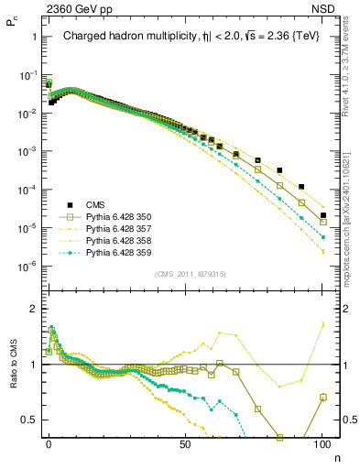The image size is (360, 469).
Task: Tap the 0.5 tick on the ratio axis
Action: (x=31, y=420)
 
